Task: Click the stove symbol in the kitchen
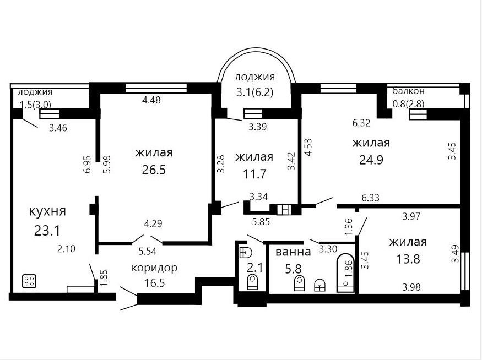[x=29, y=281]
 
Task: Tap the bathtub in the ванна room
[x=345, y=273]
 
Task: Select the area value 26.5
[x=154, y=170]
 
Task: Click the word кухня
[x=47, y=211]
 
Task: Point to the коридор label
[x=154, y=268]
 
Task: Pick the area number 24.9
[x=371, y=160]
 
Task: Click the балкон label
[x=409, y=91]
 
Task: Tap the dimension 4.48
[x=151, y=100]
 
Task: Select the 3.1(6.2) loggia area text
[x=254, y=92]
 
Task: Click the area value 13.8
[x=408, y=259]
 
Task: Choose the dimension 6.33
[x=370, y=198]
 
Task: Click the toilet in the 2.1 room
[x=252, y=282]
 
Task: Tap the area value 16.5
[x=155, y=282]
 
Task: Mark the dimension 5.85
[x=261, y=221]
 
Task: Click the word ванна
[x=293, y=252]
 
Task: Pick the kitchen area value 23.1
[x=47, y=231]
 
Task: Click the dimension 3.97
[x=411, y=216]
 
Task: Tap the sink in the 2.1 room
[x=246, y=252]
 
